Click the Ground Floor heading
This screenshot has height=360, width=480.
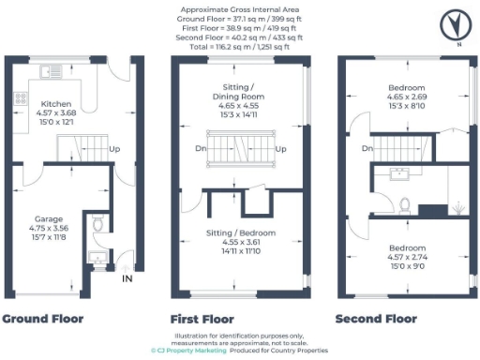[x=42, y=319]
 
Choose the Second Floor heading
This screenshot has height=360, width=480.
[x=376, y=319]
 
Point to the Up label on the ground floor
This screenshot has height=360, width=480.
[x=114, y=149]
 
